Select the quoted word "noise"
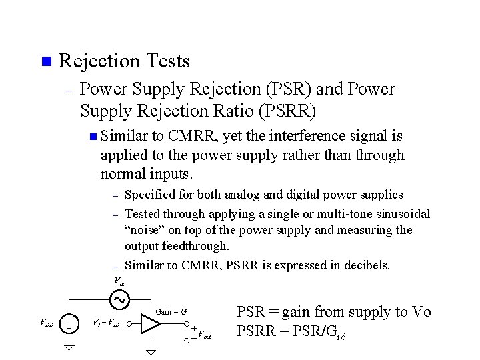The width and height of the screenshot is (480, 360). pos(145,230)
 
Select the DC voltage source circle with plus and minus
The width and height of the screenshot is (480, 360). pos(69,323)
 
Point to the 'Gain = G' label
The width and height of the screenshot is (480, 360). pos(171,311)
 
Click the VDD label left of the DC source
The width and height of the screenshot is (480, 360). pos(47,323)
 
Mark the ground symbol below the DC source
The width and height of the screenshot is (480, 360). pos(69,350)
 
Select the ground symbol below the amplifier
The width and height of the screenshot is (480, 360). pos(151,351)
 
